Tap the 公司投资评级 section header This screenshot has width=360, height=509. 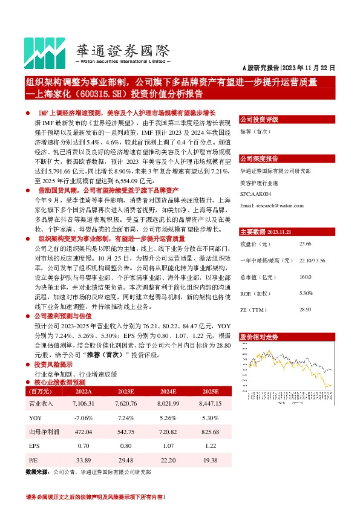point(259,119)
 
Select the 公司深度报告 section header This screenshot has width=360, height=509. point(259,159)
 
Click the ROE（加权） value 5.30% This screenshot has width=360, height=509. point(306,293)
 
